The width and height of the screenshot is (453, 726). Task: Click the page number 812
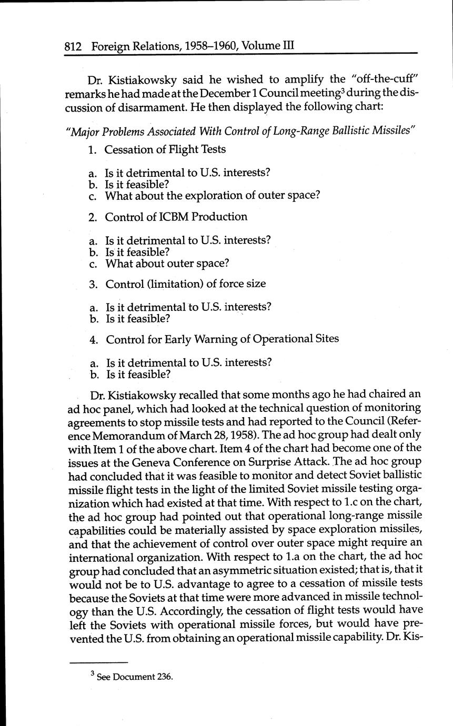73,46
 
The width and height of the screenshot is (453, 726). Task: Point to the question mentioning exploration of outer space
213,196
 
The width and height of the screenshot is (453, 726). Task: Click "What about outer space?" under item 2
167,263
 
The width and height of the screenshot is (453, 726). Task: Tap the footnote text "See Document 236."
134,677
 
